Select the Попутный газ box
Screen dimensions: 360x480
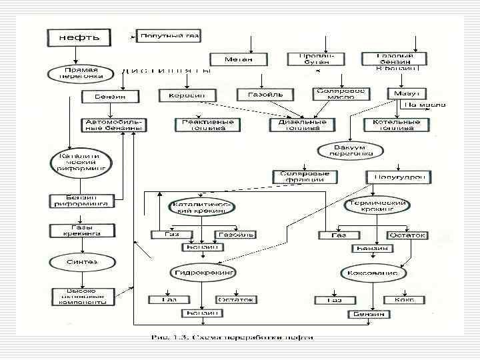click(169, 36)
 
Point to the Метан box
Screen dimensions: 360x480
click(239, 60)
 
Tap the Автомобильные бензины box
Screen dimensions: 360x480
click(115, 125)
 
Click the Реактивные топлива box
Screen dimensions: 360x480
click(207, 125)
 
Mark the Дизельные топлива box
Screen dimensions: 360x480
click(302, 125)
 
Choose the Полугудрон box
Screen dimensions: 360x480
click(399, 177)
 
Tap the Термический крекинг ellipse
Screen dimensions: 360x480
click(375, 206)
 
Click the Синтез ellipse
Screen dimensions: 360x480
click(81, 262)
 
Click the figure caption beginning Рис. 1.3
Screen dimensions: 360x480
click(231, 337)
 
